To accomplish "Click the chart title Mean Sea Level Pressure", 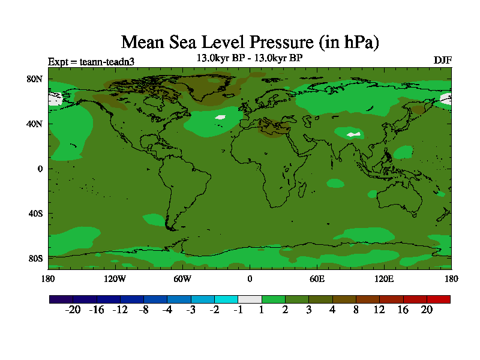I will (250, 42).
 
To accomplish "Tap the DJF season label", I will (442, 61).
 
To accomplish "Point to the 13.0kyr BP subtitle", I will (250, 58).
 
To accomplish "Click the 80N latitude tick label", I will (36, 79).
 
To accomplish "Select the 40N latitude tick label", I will (36, 124).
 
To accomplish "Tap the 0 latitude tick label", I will (40, 169).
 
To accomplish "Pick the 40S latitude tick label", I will (36, 214).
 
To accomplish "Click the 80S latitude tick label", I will (36, 259).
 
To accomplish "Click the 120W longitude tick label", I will (115, 278).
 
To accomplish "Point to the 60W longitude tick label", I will (182, 278).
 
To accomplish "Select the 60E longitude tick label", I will (317, 278).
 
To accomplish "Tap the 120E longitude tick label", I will (384, 278).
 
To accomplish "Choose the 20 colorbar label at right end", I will (427, 310).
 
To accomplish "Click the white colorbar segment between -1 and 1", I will (250, 299).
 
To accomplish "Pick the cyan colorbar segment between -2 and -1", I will (226, 299).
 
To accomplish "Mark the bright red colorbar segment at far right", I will (438, 299).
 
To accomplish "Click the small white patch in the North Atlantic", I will (220, 118).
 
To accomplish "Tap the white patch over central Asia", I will (353, 134).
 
